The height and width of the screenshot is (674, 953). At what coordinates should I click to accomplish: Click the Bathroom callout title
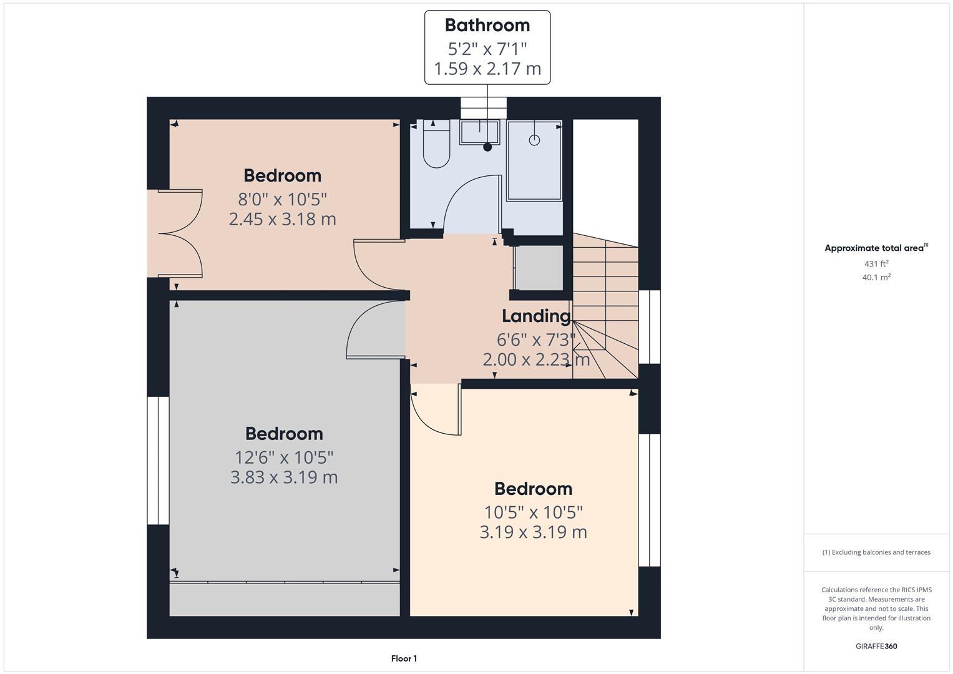click(487, 25)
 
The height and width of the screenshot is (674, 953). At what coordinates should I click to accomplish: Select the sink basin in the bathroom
click(479, 132)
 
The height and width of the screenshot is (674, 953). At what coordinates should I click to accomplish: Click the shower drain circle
click(534, 140)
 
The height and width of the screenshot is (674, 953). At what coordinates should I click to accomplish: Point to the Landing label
click(536, 316)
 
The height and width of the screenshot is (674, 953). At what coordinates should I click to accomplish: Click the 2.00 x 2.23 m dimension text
click(536, 360)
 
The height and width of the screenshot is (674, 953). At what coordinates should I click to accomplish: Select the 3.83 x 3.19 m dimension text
click(284, 477)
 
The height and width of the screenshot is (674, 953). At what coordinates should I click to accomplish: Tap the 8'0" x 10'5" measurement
click(282, 200)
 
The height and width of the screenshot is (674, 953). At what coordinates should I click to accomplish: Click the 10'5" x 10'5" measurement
click(533, 512)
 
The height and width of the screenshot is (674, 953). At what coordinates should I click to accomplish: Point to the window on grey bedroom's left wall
click(158, 460)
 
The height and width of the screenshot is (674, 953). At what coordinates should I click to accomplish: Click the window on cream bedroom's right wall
click(649, 499)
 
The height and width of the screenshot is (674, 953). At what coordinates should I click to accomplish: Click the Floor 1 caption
click(404, 658)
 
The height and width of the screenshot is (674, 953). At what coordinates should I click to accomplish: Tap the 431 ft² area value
click(876, 264)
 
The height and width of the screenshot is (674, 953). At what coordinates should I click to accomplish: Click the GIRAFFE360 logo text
click(876, 646)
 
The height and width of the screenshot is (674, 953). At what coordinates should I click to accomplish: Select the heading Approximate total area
click(876, 248)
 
